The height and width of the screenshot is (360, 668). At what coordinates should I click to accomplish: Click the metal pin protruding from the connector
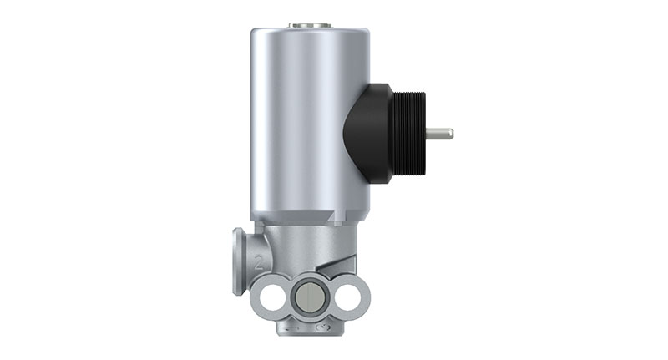[438, 133]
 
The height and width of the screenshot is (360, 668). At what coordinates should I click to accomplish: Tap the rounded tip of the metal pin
[451, 133]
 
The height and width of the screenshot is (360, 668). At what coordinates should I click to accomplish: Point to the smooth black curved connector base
[367, 134]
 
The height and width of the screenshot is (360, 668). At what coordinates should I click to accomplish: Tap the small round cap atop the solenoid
[310, 26]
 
